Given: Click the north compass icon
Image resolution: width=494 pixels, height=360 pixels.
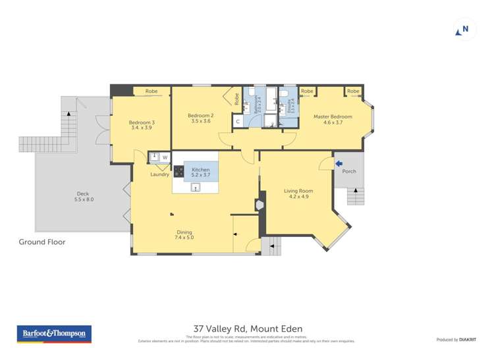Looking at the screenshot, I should click(x=464, y=30).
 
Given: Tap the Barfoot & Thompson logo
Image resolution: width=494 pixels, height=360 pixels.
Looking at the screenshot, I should click(x=55, y=334).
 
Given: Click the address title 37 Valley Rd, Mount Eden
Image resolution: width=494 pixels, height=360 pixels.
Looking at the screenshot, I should click(x=248, y=328).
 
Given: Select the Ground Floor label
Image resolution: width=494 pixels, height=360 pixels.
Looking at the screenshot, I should click(x=42, y=242).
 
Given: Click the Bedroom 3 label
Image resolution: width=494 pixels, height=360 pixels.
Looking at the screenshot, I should click(x=142, y=125).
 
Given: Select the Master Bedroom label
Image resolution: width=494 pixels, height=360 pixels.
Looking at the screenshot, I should click(x=332, y=119).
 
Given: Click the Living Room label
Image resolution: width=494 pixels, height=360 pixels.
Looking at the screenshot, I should click(x=298, y=193).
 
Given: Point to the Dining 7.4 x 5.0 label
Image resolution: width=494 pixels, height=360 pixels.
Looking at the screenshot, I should click(x=184, y=234).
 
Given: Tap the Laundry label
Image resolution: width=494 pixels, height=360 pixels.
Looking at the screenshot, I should click(x=159, y=174).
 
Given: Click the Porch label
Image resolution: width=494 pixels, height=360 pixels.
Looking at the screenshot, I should click(x=349, y=171).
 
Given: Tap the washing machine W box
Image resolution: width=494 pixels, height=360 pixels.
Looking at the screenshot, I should click(x=165, y=157).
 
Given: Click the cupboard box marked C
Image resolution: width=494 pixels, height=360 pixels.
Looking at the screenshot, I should click(x=238, y=121).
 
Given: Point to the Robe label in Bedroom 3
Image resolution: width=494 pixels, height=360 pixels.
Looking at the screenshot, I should click(x=151, y=91).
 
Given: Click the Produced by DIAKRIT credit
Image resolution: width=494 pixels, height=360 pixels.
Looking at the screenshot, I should click(x=456, y=339).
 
